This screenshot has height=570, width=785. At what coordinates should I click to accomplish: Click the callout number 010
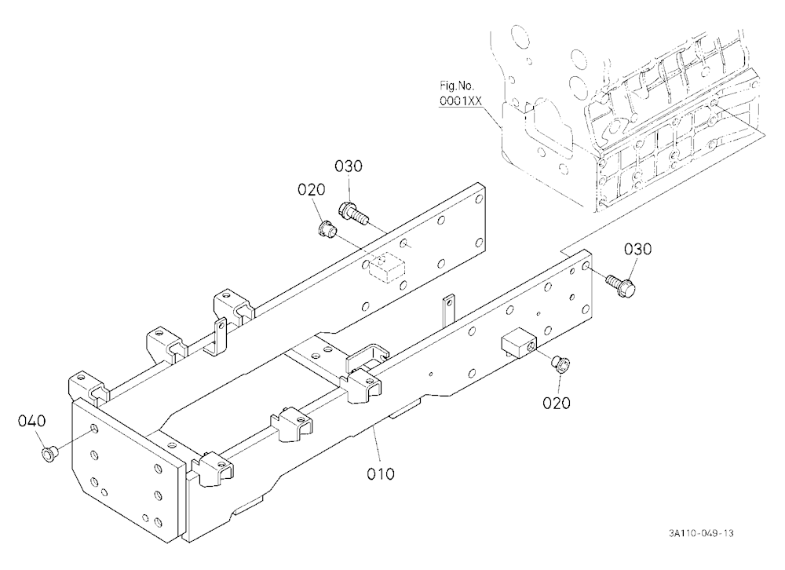(x=381, y=473)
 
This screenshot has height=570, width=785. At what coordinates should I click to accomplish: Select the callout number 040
(x=31, y=421)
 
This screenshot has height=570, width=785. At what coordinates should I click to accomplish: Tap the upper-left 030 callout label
(x=349, y=166)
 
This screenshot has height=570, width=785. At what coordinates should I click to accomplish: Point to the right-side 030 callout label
(x=637, y=249)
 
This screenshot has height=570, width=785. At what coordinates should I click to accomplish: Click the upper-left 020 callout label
(x=312, y=189)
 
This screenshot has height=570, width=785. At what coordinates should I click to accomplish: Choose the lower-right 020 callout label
(x=557, y=403)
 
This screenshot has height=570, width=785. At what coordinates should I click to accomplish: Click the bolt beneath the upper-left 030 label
(x=353, y=212)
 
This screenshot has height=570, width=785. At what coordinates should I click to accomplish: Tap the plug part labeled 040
(x=49, y=455)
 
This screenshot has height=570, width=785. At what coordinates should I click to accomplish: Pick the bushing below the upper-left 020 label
(x=327, y=229)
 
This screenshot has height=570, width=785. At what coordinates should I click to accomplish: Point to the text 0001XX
(x=461, y=101)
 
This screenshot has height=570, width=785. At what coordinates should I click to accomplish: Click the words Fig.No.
(x=457, y=85)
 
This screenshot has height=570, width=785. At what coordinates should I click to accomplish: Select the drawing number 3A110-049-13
(x=701, y=533)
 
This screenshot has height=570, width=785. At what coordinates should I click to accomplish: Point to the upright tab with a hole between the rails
(x=448, y=312)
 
